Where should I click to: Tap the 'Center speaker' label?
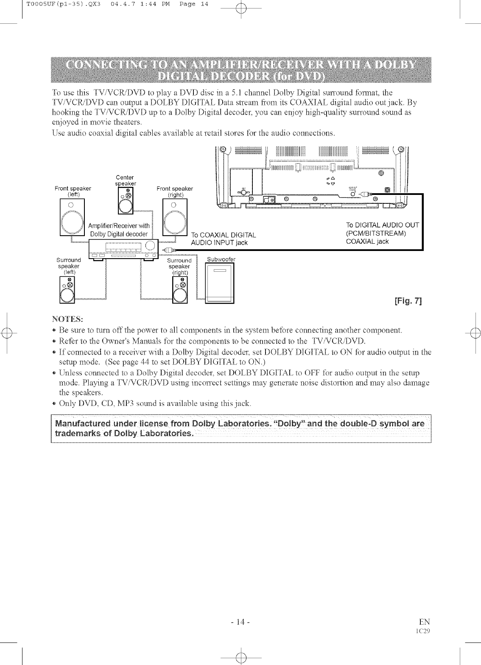(125, 180)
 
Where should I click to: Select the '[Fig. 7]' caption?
(408, 302)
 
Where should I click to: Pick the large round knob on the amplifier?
(149, 246)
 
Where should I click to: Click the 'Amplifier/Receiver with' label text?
(119, 226)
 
